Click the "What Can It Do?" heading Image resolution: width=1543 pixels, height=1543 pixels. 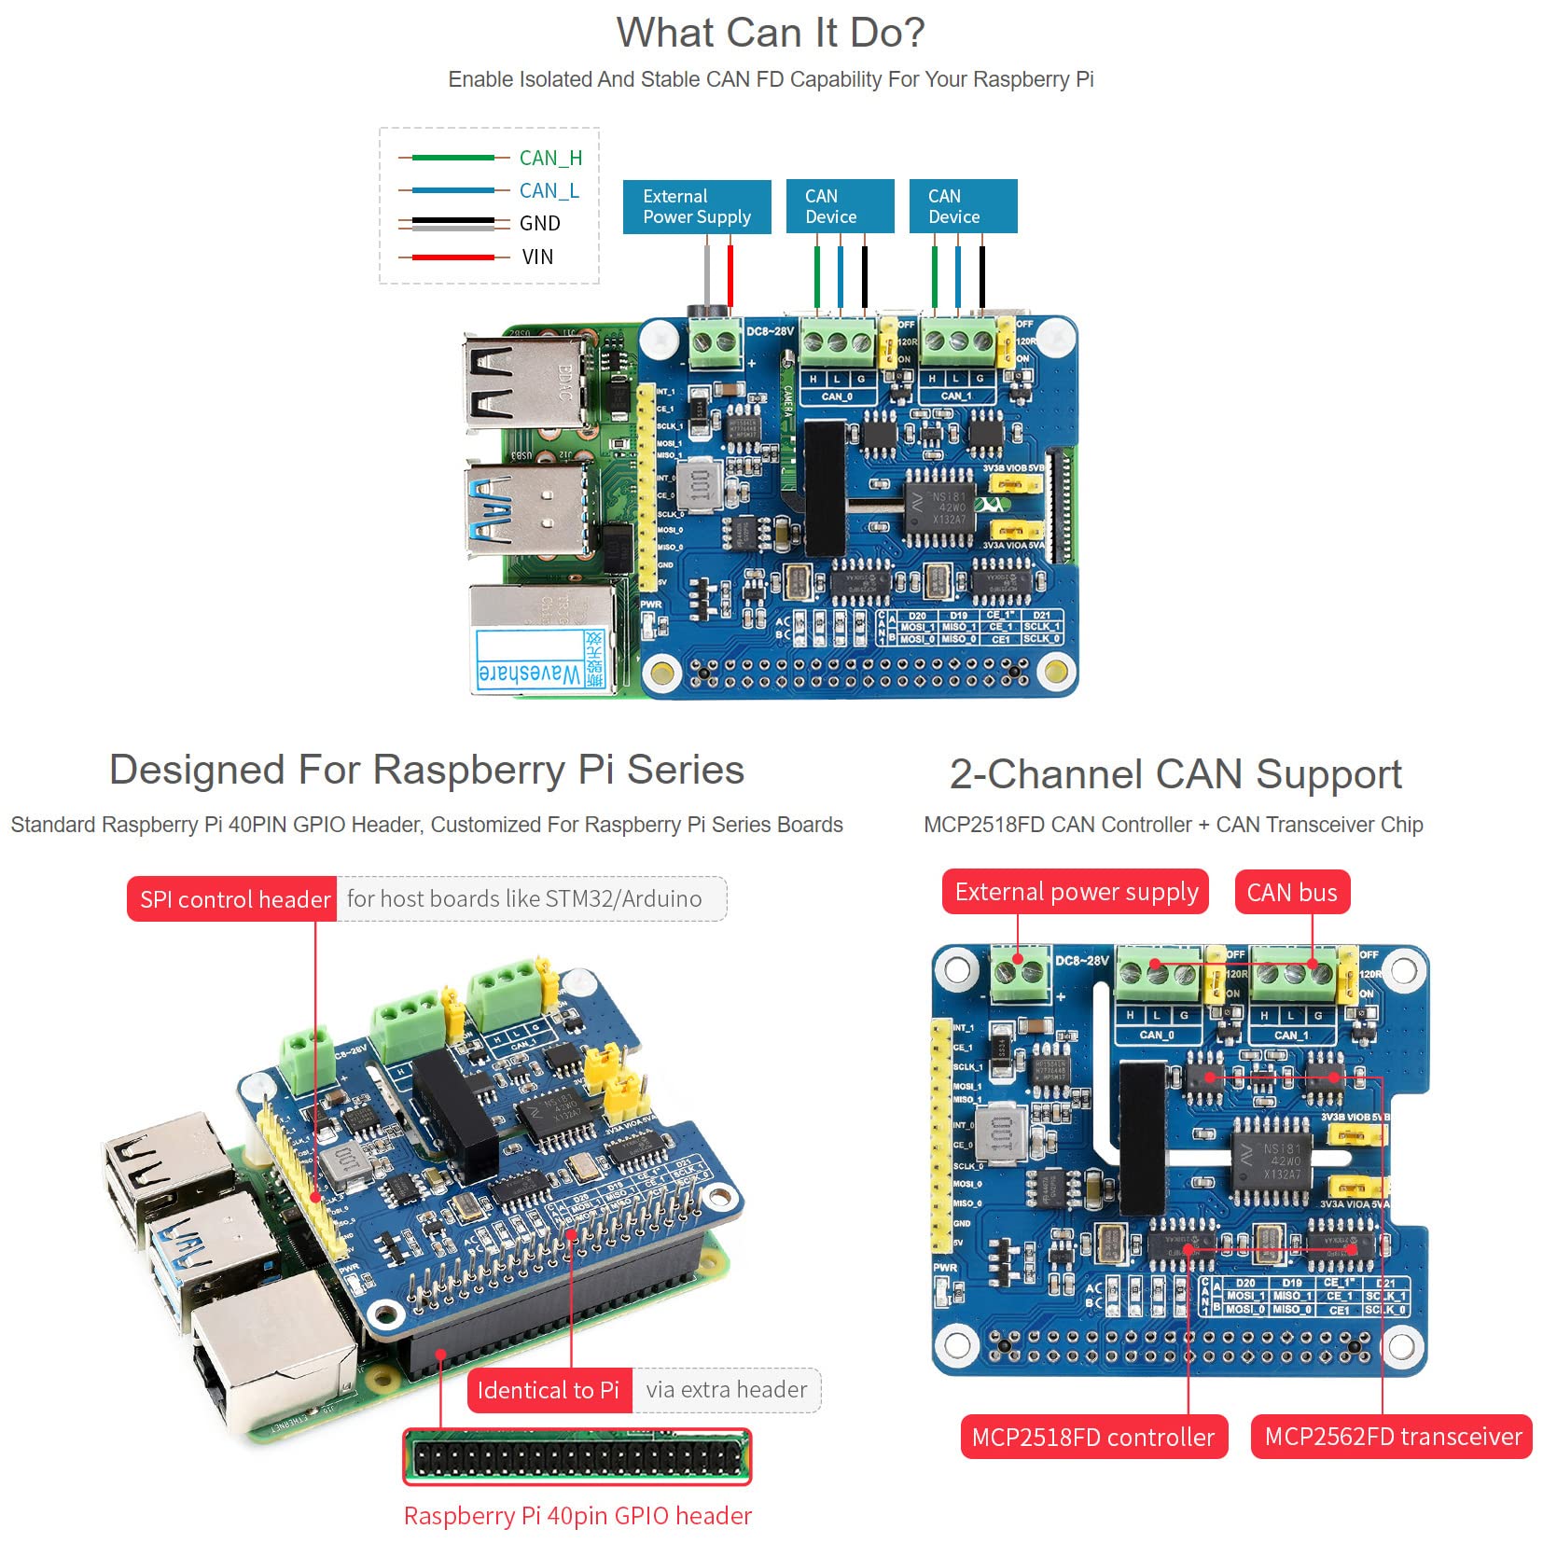770,34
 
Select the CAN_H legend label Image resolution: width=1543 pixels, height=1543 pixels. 550,158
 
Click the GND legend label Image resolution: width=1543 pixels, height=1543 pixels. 539,224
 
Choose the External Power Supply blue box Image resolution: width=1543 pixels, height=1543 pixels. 696,206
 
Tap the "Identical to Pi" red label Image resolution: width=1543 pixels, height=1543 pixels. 548,1390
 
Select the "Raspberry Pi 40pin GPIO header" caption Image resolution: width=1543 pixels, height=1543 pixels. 577,1516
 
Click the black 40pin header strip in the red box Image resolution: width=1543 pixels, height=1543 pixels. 577,1457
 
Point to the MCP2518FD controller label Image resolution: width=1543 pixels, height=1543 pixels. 1092,1437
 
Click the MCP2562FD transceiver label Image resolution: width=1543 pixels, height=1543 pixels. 1392,1437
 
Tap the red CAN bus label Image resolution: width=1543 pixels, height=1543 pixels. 1291,893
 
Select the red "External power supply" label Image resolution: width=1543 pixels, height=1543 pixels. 1076,892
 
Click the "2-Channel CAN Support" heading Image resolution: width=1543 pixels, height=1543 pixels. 1175,774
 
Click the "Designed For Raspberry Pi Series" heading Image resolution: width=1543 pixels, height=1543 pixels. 426,771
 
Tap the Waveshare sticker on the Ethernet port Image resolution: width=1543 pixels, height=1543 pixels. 538,660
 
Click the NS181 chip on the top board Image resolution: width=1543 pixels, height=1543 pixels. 941,508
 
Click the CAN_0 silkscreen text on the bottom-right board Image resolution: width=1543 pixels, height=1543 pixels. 1156,1035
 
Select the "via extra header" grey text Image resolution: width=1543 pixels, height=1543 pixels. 726,1390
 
